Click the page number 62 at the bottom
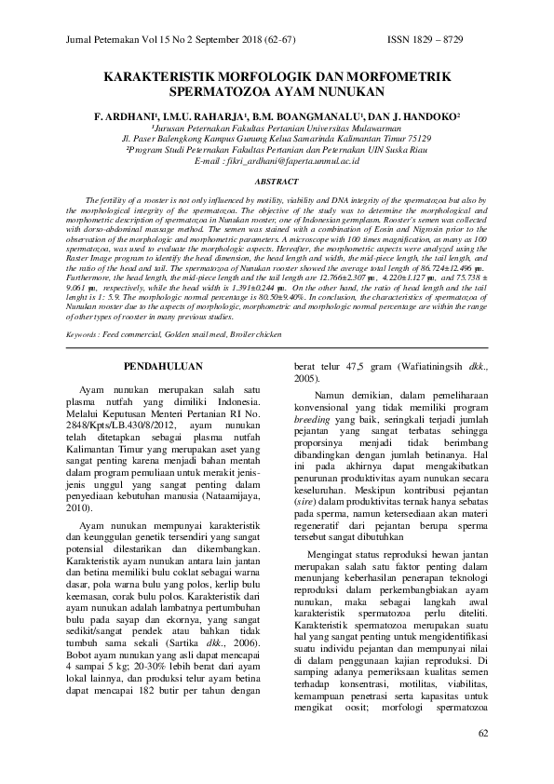point(482,734)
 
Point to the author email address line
point(277,161)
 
